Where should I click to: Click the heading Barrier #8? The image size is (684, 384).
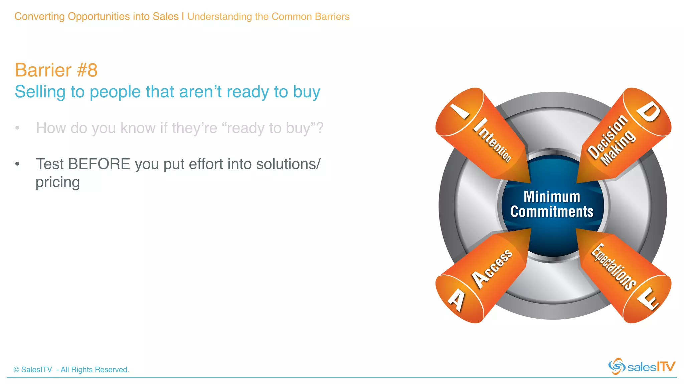click(x=56, y=70)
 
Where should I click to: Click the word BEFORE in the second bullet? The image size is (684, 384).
click(x=99, y=164)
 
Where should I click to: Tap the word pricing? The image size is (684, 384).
click(x=58, y=182)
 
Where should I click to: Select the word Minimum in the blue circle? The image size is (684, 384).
click(x=552, y=197)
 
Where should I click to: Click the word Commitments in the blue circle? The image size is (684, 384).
click(x=552, y=212)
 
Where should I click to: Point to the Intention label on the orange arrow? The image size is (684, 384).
click(x=493, y=140)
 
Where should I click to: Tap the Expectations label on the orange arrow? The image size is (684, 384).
click(x=614, y=267)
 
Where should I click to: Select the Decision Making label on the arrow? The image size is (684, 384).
click(x=611, y=140)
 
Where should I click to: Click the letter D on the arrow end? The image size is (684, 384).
click(x=648, y=112)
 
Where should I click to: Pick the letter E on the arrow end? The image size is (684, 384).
click(x=648, y=298)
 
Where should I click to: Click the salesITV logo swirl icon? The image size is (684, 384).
click(x=617, y=366)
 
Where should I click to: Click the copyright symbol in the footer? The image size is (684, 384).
click(x=16, y=370)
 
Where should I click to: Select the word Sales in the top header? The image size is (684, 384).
click(x=166, y=16)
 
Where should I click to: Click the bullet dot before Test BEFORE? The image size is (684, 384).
click(x=17, y=164)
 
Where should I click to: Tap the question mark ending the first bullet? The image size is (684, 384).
click(x=320, y=128)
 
